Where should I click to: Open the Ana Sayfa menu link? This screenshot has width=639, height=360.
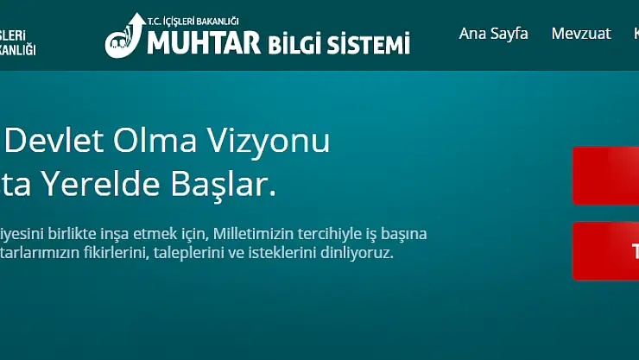pos(493,34)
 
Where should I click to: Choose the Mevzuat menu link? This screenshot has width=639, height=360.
pos(580,34)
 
